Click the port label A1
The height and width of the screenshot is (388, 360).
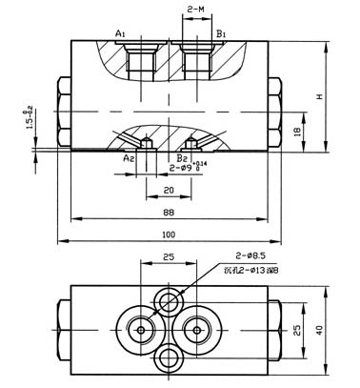120,34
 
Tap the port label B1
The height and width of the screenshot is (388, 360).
220,34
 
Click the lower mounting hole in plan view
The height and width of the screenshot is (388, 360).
171,358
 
